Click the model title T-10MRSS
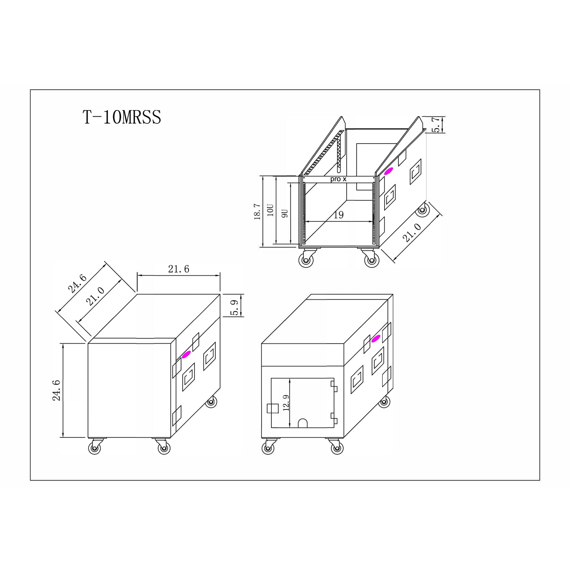pos(122,117)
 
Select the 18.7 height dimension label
pos(257,211)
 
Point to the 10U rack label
pos(270,211)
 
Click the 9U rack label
pos(284,213)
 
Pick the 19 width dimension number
pos(338,215)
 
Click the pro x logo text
pos(338,179)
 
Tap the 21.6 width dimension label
pos(179,269)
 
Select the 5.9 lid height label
pos(234,308)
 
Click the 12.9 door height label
pos(286,403)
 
